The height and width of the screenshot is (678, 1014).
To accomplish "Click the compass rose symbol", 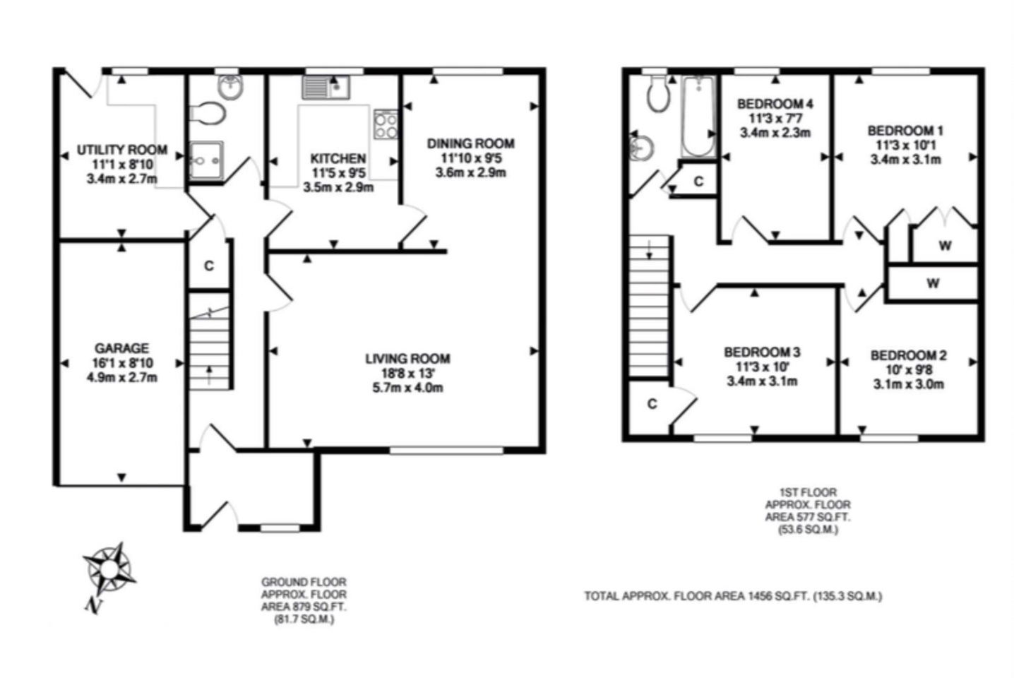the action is (x=109, y=569).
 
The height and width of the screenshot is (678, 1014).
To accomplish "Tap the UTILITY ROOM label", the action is (x=121, y=150).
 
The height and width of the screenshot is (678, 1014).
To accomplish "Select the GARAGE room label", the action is (x=121, y=348).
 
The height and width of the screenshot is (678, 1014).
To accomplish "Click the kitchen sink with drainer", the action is (x=326, y=88).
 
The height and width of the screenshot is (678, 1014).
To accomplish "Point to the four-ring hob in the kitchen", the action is (x=386, y=124).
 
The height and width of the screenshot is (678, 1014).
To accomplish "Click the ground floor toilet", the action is (x=208, y=113).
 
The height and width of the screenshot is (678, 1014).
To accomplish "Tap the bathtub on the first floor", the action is (x=698, y=117).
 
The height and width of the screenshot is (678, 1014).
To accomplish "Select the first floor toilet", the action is (x=658, y=93).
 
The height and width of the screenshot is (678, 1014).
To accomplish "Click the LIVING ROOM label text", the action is (x=408, y=359).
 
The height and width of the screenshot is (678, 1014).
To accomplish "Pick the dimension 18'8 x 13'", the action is (x=408, y=374).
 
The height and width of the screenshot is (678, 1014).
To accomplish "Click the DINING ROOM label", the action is (x=471, y=143).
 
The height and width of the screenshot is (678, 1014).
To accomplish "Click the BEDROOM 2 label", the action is (x=909, y=355).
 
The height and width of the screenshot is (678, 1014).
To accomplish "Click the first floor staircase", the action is (x=649, y=307).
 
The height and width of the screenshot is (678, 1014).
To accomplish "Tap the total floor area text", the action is (x=734, y=596).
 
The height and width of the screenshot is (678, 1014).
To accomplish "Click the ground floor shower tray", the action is (x=206, y=160).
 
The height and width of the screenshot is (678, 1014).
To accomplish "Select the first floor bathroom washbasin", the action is (x=641, y=147).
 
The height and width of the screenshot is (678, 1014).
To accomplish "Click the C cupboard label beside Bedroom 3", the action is (x=652, y=403).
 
